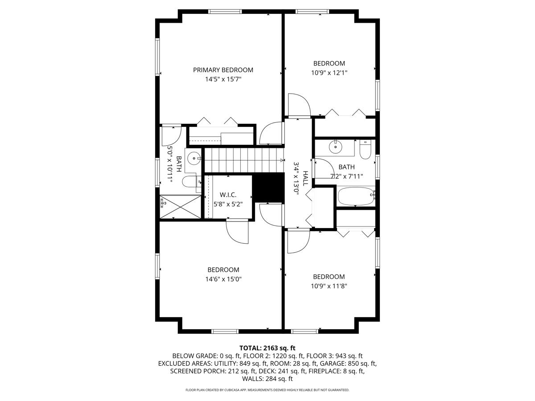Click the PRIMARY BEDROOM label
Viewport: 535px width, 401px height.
(x=223, y=70)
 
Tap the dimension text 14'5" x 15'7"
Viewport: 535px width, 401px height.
(x=223, y=79)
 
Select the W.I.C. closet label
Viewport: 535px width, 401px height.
(x=228, y=195)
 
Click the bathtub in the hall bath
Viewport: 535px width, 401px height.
(x=356, y=196)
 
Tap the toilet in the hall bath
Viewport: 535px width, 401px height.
(x=365, y=150)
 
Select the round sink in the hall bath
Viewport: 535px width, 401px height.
(x=334, y=146)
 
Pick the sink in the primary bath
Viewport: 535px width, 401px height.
(x=193, y=158)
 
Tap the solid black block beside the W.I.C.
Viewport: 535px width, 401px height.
(x=268, y=187)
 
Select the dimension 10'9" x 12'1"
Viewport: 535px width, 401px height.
(x=329, y=73)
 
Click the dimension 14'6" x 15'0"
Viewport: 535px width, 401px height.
(x=223, y=279)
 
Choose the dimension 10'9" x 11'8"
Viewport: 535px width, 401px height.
(x=329, y=286)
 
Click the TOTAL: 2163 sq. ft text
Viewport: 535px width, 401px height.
(x=267, y=348)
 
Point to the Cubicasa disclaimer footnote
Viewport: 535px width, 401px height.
(x=267, y=390)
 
